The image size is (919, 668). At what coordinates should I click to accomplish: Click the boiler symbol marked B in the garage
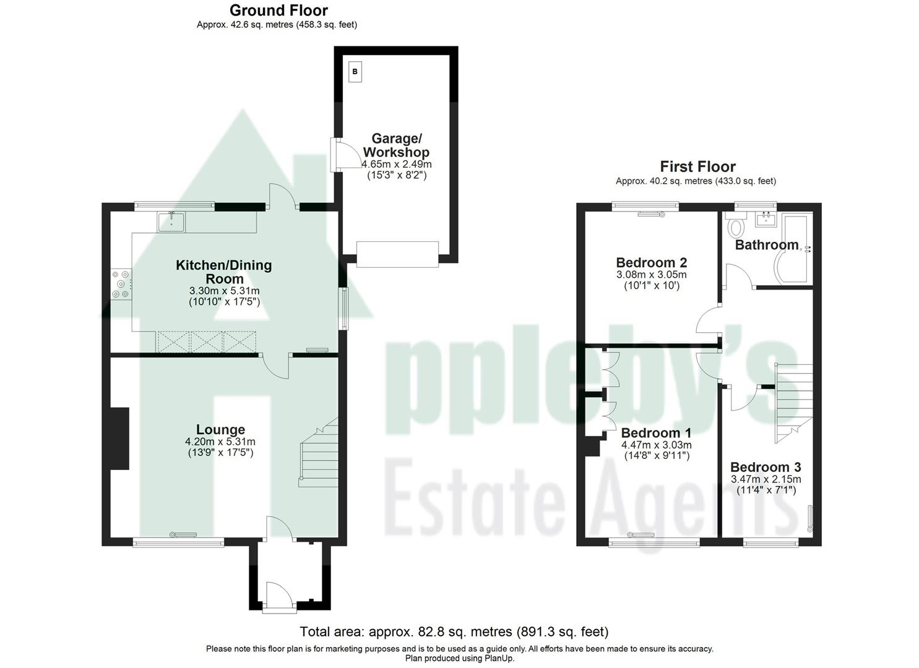click(x=355, y=72)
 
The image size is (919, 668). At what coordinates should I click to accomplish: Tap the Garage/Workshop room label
click(x=396, y=145)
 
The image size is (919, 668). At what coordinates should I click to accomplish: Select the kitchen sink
click(x=170, y=221)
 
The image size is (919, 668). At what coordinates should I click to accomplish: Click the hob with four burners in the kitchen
click(x=120, y=285)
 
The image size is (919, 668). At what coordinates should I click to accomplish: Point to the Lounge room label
click(x=220, y=429)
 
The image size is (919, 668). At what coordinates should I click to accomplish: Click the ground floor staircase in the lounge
click(x=319, y=455)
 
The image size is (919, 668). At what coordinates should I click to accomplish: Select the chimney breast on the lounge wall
click(x=119, y=438)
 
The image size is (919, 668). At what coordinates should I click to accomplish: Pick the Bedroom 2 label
click(x=651, y=262)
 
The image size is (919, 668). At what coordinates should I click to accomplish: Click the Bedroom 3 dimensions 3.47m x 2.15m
click(x=766, y=479)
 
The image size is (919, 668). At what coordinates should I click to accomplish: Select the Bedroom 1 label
click(x=656, y=433)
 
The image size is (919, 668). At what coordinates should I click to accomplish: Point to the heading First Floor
click(x=697, y=166)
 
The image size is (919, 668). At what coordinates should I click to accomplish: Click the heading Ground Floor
click(x=278, y=10)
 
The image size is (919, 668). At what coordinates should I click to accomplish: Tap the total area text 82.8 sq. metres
click(x=454, y=632)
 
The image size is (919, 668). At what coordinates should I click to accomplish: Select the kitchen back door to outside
click(x=282, y=197)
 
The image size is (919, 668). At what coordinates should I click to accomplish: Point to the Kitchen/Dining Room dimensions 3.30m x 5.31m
click(x=224, y=291)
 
